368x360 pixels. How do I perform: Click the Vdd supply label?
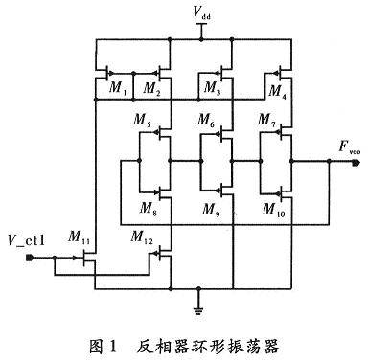(201, 12)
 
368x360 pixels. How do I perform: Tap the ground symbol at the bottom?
(198, 310)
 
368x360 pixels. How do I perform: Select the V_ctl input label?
(27, 240)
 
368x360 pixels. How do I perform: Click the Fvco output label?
(349, 147)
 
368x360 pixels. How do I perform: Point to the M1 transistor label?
(118, 88)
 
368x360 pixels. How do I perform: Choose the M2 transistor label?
(151, 88)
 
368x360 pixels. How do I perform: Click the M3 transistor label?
(212, 88)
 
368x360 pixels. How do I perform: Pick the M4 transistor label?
(277, 92)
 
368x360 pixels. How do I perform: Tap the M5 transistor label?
(142, 121)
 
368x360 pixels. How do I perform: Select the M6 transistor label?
(206, 121)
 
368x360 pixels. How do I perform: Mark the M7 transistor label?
(266, 121)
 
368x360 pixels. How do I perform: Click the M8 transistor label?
(149, 209)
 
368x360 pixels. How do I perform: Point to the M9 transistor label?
(211, 210)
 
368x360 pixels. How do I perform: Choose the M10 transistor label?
(273, 210)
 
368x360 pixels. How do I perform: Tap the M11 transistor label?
(79, 237)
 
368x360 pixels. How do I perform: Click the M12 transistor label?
(142, 237)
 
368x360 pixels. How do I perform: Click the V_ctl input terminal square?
(29, 258)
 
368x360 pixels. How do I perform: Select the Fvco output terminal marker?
(356, 163)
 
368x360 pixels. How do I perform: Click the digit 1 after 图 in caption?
(112, 347)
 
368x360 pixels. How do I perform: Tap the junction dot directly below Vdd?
(201, 39)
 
